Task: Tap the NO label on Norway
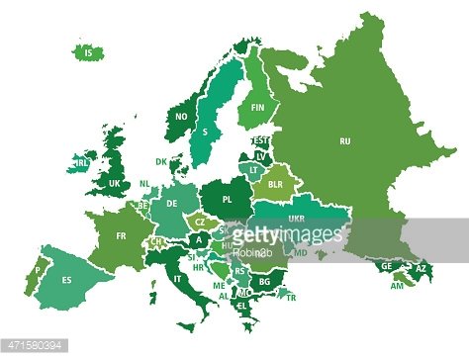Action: point(181,116)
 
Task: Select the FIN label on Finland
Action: point(259,107)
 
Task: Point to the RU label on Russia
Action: point(345,140)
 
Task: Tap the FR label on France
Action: point(121,236)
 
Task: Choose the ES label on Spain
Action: point(67,280)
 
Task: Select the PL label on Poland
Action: point(228,198)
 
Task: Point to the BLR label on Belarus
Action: point(276,184)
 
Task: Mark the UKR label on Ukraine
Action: point(296,219)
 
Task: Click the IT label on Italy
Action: point(178,280)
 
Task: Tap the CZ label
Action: point(199,224)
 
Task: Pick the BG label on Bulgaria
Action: point(264,281)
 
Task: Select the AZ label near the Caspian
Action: point(420,268)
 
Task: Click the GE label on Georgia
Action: point(387,266)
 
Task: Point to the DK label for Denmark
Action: point(160,161)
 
